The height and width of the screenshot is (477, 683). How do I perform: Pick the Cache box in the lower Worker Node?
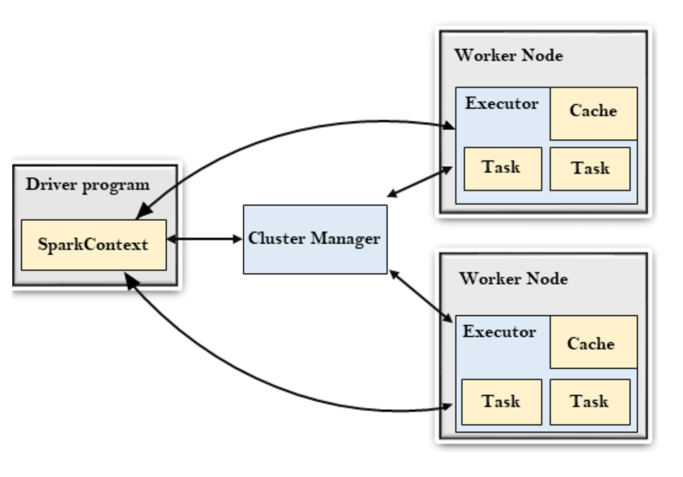[x=591, y=344]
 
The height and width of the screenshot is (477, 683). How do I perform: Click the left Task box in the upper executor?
[x=502, y=169]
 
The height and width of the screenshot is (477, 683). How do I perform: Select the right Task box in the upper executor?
[x=590, y=169]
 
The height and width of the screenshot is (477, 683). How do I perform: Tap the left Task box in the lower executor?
[x=502, y=402]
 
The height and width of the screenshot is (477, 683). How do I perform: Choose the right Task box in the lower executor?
[x=590, y=402]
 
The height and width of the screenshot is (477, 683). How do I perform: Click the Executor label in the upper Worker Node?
[x=501, y=104]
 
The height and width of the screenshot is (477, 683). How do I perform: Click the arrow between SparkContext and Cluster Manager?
[x=205, y=241]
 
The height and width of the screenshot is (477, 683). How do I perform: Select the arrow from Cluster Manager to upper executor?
[x=419, y=180]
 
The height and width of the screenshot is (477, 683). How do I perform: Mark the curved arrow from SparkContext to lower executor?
[x=270, y=376]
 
